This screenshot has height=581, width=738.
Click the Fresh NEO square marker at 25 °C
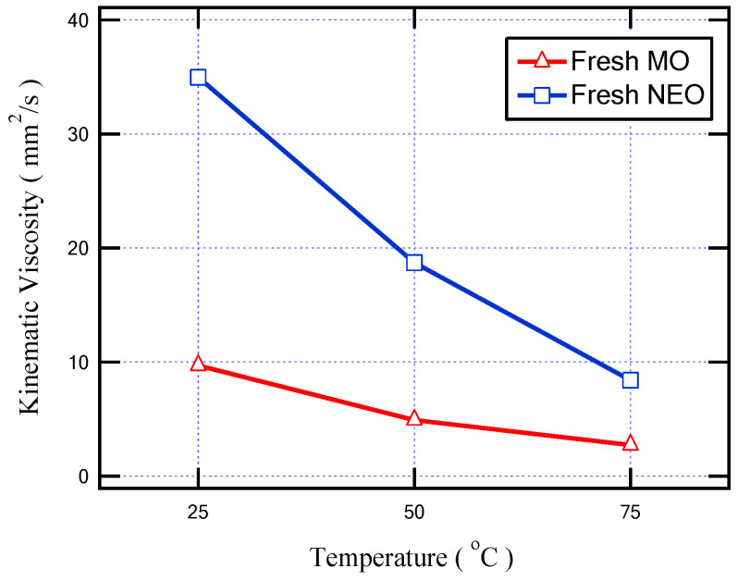[x=198, y=77]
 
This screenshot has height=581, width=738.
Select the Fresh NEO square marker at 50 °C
[x=414, y=263]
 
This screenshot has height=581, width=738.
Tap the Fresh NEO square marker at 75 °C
[x=631, y=380]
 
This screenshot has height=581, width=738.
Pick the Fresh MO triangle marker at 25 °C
[x=198, y=364]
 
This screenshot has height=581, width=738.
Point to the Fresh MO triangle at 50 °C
[x=414, y=419]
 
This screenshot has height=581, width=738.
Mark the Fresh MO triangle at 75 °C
[x=631, y=443]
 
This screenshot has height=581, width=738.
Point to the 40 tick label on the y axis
[x=79, y=19]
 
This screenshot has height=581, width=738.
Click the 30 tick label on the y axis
[x=79, y=134]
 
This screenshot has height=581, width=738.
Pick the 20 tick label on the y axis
[x=79, y=248]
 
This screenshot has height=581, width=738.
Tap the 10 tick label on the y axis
[x=79, y=363]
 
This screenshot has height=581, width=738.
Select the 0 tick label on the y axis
[x=84, y=476]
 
